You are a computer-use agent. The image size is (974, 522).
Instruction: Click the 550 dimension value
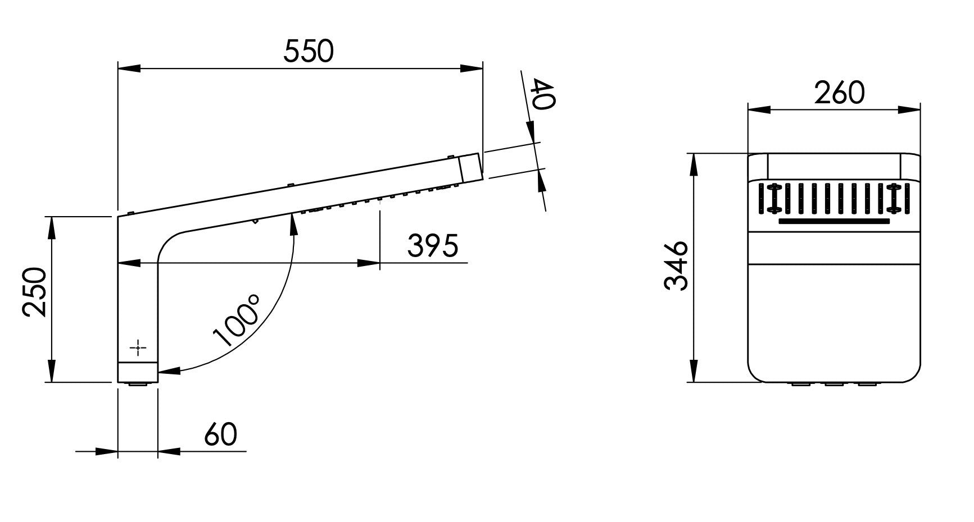pyautogui.click(x=309, y=51)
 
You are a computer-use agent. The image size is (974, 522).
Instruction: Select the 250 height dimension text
pyautogui.click(x=34, y=292)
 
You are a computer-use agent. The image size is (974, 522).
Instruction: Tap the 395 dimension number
pyautogui.click(x=433, y=245)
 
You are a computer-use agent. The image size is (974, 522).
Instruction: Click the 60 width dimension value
pyautogui.click(x=221, y=434)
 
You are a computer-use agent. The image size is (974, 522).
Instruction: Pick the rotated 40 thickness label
pyautogui.click(x=543, y=95)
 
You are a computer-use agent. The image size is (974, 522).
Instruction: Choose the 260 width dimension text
pyautogui.click(x=840, y=93)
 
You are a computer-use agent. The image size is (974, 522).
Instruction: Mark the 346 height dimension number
pyautogui.click(x=676, y=265)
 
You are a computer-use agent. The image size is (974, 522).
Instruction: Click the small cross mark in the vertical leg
pyautogui.click(x=138, y=348)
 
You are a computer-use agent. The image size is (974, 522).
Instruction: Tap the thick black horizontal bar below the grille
pyautogui.click(x=834, y=221)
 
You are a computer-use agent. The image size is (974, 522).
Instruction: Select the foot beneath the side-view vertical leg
pyautogui.click(x=138, y=384)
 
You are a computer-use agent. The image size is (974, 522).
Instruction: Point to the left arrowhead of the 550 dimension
pyautogui.click(x=129, y=68)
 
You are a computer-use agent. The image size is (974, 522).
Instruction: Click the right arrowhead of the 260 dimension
pyautogui.click(x=909, y=110)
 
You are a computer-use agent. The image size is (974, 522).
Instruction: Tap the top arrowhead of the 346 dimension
pyautogui.click(x=695, y=164)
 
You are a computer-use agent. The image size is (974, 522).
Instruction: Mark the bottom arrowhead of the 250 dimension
pyautogui.click(x=52, y=372)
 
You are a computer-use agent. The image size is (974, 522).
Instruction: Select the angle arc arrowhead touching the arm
pyautogui.click(x=293, y=225)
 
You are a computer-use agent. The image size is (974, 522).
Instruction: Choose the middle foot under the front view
pyautogui.click(x=834, y=384)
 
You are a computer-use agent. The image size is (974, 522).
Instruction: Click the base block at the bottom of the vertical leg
pyautogui.click(x=138, y=372)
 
